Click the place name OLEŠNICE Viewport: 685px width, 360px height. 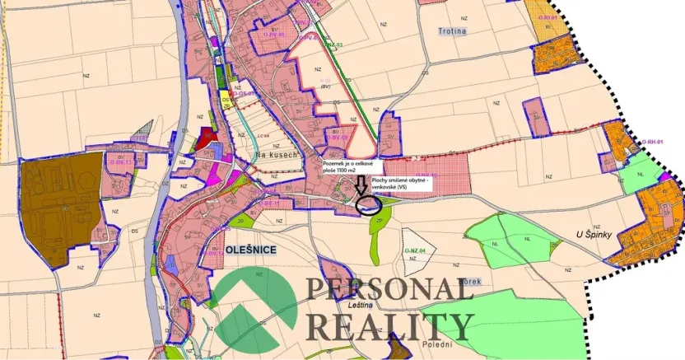pos(246,248)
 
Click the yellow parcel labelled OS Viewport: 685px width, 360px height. pos(225,102)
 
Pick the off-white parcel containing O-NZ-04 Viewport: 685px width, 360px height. pos(417,260)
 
